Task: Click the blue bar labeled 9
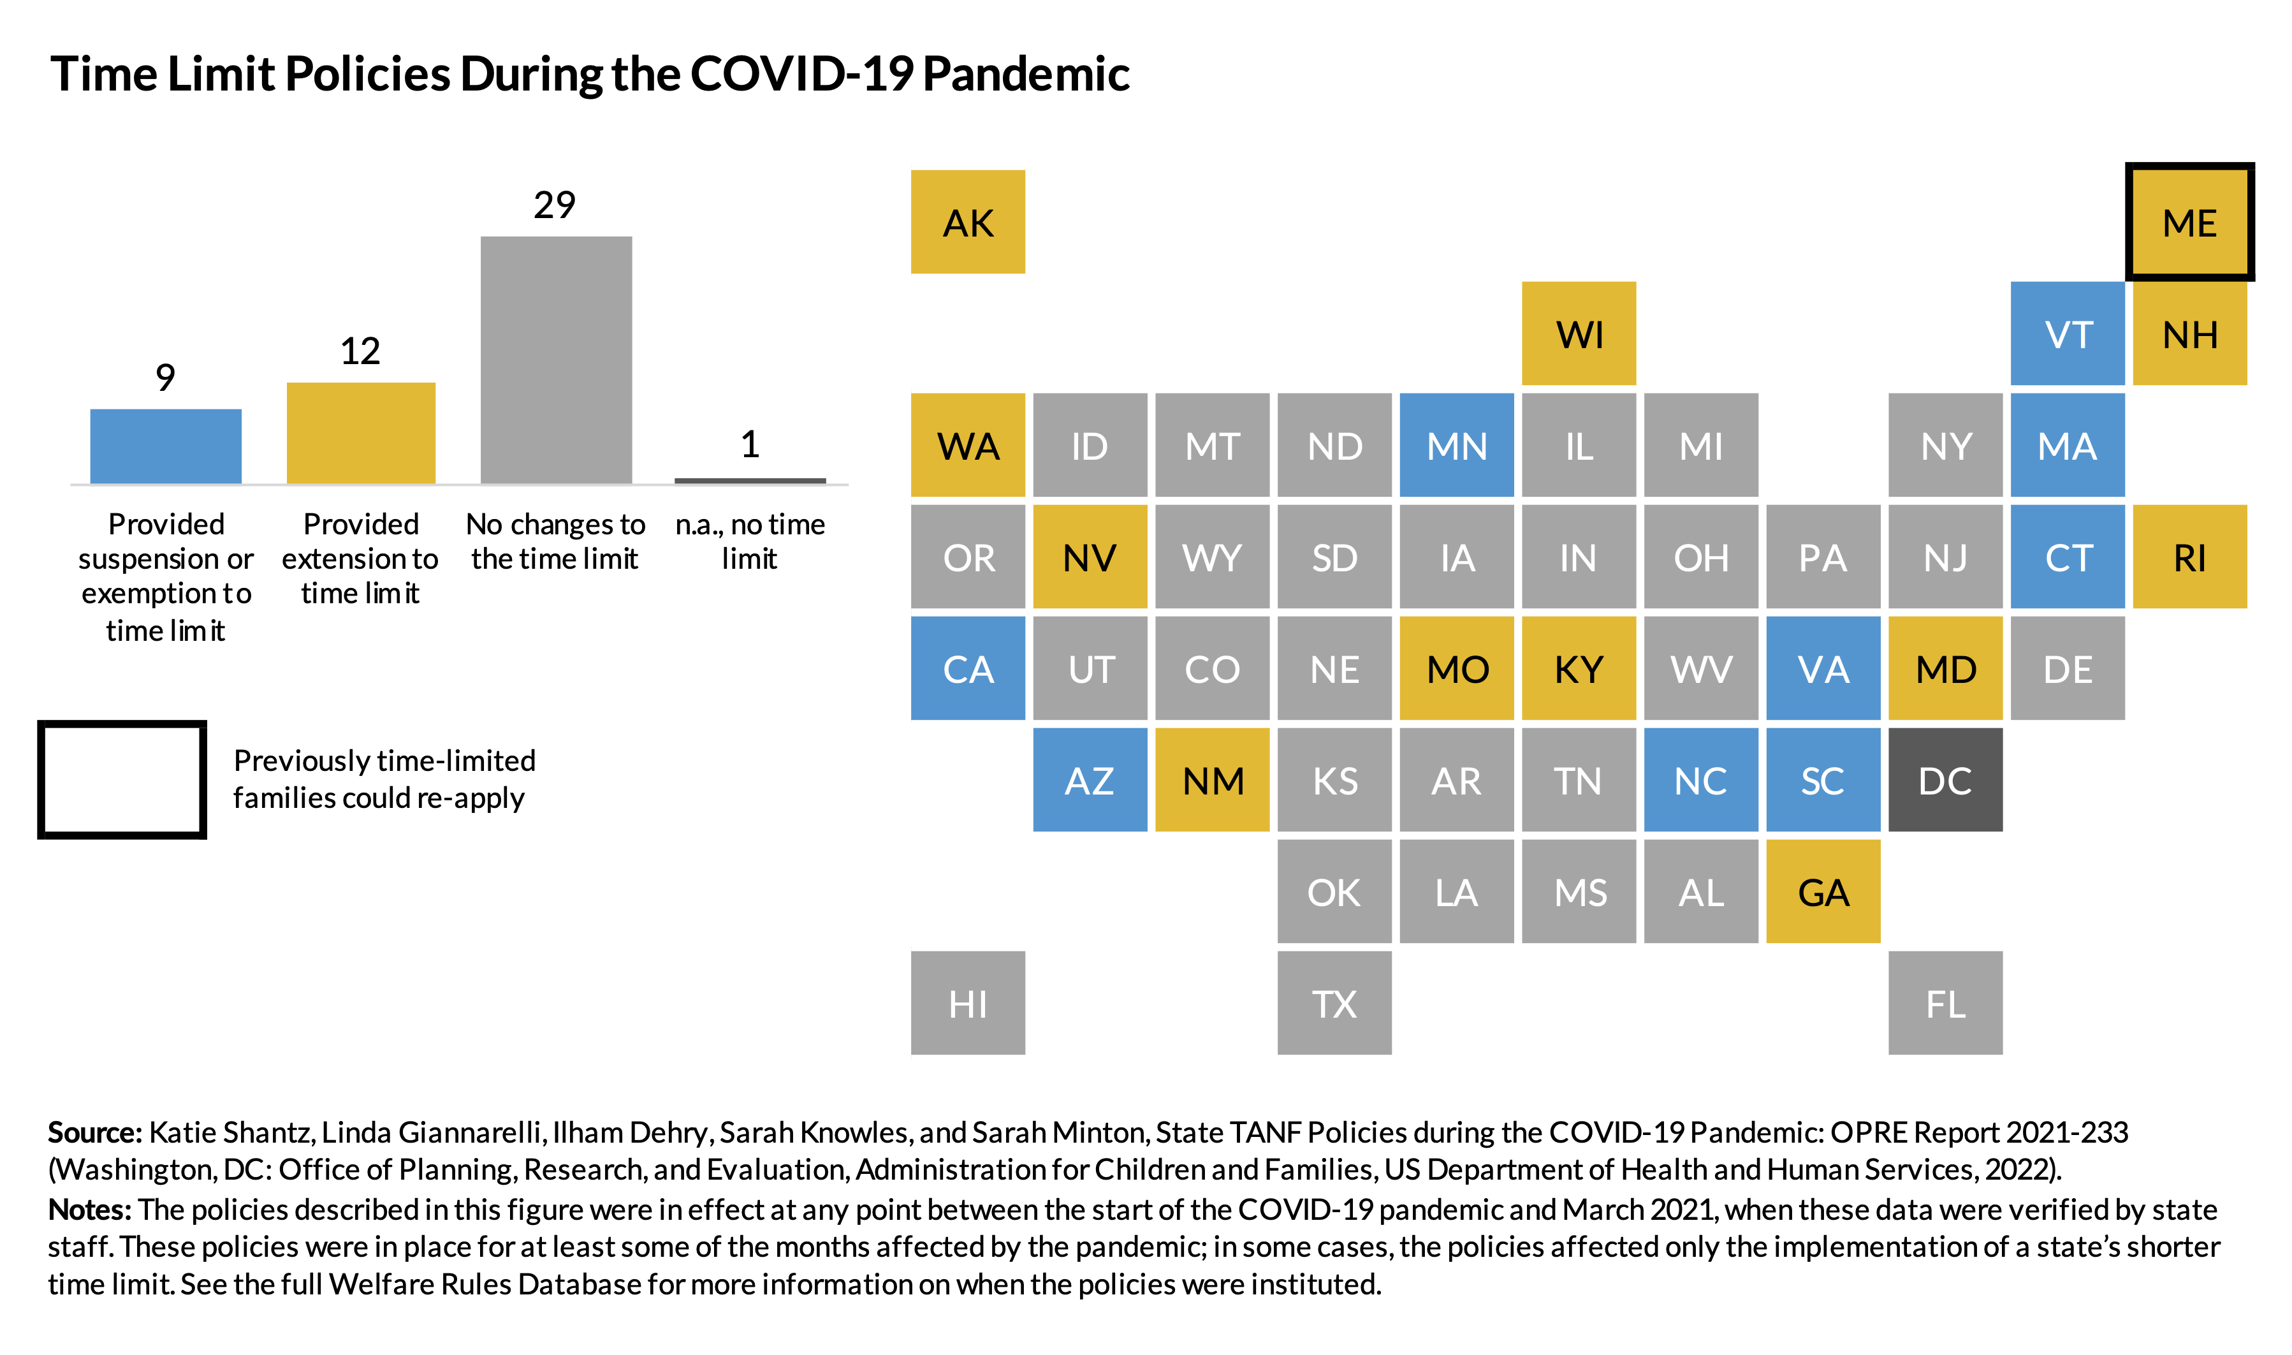click(x=165, y=446)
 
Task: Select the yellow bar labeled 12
click(x=361, y=433)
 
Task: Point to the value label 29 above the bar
click(x=554, y=205)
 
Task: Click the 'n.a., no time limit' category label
click(x=749, y=541)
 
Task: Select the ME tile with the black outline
click(x=2189, y=222)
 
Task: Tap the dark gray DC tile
click(x=1945, y=780)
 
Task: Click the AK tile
click(x=968, y=222)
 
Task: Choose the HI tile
click(x=968, y=1004)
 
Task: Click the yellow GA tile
click(x=1822, y=891)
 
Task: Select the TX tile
click(x=1334, y=1004)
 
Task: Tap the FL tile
click(x=1945, y=1004)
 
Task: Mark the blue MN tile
click(x=1456, y=446)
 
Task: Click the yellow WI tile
click(x=1578, y=333)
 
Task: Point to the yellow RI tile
click(x=2189, y=557)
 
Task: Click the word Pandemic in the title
click(x=1025, y=73)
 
